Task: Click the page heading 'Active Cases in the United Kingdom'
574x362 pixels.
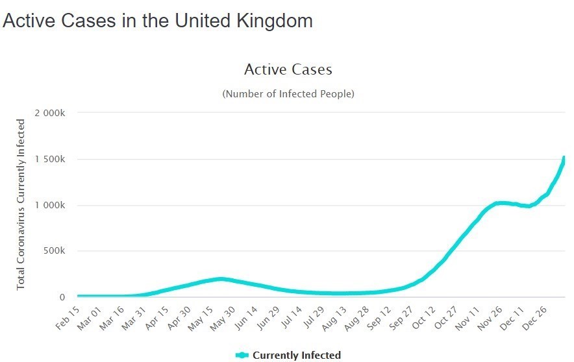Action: (158, 21)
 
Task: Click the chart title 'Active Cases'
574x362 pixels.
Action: (288, 69)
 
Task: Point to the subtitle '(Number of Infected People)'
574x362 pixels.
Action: (288, 94)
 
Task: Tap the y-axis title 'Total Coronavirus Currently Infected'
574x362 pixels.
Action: (21, 204)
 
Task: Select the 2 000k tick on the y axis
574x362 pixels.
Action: (50, 113)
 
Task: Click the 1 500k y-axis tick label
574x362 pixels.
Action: (50, 160)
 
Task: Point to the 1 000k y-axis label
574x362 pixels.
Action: (50, 206)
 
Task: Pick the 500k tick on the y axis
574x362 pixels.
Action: (54, 252)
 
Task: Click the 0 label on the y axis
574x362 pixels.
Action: (62, 298)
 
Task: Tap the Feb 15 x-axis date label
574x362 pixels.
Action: (67, 317)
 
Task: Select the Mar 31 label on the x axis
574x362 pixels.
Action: (137, 317)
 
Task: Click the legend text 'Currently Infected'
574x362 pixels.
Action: (296, 355)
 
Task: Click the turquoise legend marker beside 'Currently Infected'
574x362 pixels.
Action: (242, 355)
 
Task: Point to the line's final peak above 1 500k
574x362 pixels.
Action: (564, 158)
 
